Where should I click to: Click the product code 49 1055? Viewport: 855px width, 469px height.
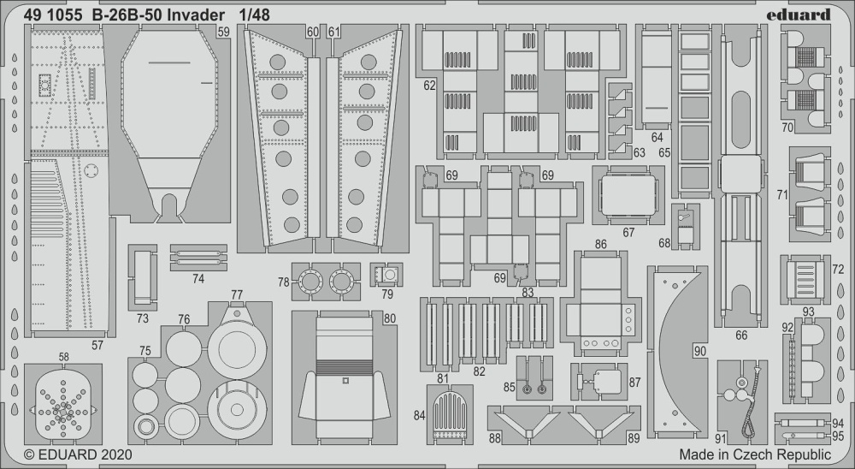point(52,14)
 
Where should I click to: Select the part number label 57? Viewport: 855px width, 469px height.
point(97,345)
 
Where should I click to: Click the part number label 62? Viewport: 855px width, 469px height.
point(429,86)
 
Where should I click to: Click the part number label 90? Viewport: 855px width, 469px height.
point(700,351)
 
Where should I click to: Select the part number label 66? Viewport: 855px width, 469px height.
point(740,335)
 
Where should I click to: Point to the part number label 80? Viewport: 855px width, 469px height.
point(389,318)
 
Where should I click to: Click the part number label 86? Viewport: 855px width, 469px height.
point(601,245)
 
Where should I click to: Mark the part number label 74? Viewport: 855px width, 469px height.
point(198,278)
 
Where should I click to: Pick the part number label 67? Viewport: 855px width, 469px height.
point(628,232)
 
